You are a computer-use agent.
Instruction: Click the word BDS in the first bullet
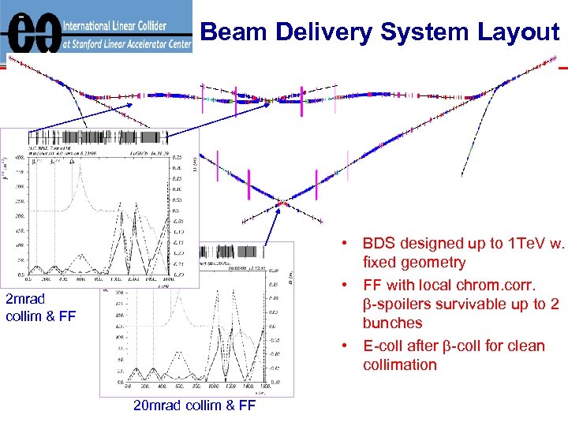pyautogui.click(x=381, y=244)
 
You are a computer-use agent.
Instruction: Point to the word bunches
pyautogui.click(x=392, y=323)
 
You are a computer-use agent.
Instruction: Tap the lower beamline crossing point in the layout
pyautogui.click(x=280, y=204)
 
